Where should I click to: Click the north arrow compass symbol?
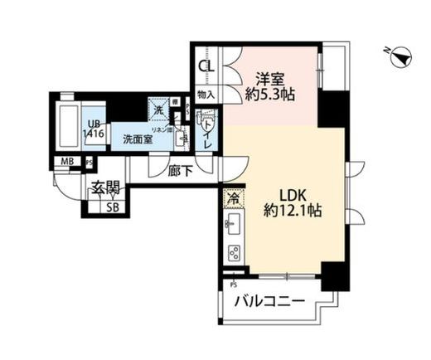[400, 56]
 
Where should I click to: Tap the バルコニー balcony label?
[269, 301]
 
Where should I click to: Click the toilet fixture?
[209, 124]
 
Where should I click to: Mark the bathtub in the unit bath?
[69, 124]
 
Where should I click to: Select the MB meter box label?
[65, 162]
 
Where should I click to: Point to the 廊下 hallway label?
[178, 172]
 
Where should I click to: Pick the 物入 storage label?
[206, 95]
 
